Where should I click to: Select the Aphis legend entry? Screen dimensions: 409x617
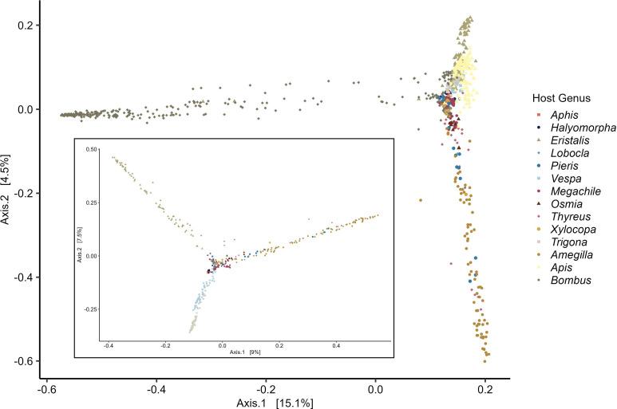[564, 115]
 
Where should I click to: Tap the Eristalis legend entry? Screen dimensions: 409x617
[568, 140]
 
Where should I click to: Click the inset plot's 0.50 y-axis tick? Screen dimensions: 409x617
[90, 149]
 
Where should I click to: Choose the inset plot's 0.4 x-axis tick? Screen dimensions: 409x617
[336, 346]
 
